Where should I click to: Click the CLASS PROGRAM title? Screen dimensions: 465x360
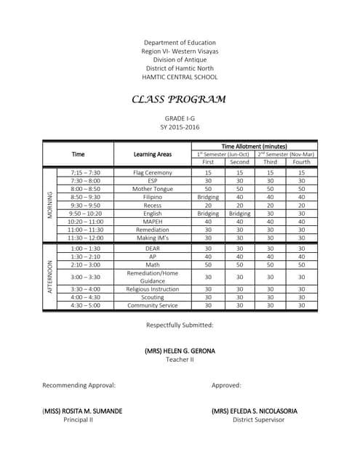click(x=179, y=100)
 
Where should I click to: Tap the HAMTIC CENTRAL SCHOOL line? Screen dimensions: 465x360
click(x=180, y=76)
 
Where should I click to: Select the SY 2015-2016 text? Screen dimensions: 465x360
click(x=180, y=127)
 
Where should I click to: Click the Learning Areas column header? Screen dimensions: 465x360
click(x=153, y=154)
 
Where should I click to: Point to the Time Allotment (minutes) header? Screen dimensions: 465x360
click(x=255, y=146)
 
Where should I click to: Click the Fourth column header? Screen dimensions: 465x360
click(x=301, y=162)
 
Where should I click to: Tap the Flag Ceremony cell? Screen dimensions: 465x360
click(x=153, y=173)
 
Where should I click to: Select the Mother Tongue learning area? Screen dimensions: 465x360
click(x=153, y=188)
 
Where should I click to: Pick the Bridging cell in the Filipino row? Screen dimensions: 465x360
click(x=209, y=196)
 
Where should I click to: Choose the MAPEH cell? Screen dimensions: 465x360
click(x=153, y=221)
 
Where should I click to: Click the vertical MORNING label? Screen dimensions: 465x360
click(x=49, y=204)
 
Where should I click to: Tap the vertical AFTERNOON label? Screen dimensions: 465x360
click(x=49, y=278)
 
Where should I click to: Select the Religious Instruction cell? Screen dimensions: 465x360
click(x=153, y=288)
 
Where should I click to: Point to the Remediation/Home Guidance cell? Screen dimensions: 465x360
click(x=153, y=277)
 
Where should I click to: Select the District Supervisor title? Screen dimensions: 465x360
click(x=254, y=420)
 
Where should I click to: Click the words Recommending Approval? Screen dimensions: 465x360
click(x=79, y=385)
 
